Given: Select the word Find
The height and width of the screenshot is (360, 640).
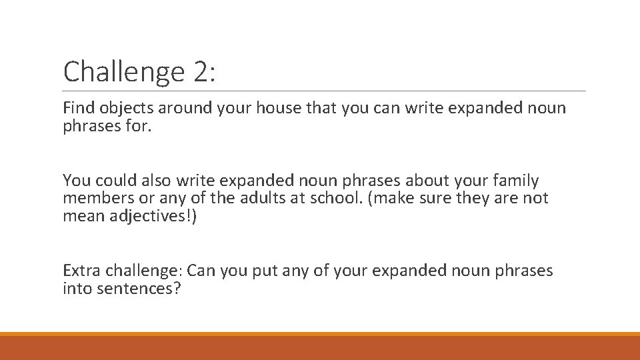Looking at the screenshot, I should tap(77, 108).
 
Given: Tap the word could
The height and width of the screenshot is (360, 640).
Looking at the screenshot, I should tap(111, 180).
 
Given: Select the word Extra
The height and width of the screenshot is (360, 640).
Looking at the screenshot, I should tap(78, 271).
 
